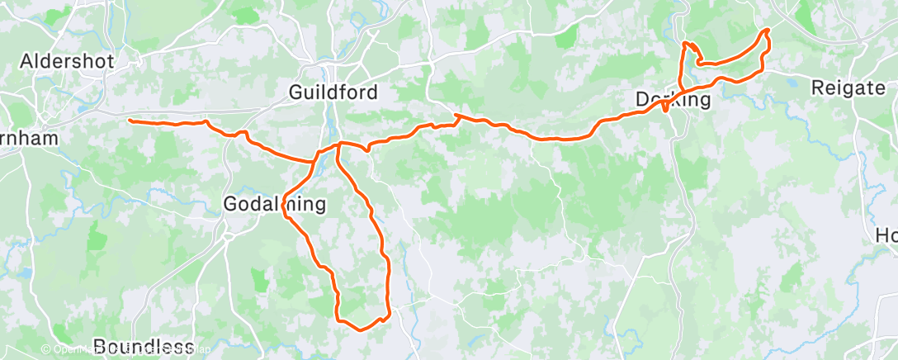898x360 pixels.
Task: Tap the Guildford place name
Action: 333,92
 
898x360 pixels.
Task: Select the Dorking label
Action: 673,100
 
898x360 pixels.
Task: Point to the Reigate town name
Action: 848,88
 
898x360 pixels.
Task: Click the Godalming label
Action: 276,203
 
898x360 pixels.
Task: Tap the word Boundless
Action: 144,345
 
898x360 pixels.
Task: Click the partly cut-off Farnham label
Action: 29,138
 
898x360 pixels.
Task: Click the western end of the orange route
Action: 130,121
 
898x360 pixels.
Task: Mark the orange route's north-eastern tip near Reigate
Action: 768,31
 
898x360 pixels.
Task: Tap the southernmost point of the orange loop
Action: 360,329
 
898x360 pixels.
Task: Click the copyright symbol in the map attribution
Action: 46,349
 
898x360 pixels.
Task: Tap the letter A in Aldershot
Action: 26,61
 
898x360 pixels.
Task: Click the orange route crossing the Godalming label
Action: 286,203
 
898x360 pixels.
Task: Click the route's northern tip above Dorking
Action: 685,43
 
